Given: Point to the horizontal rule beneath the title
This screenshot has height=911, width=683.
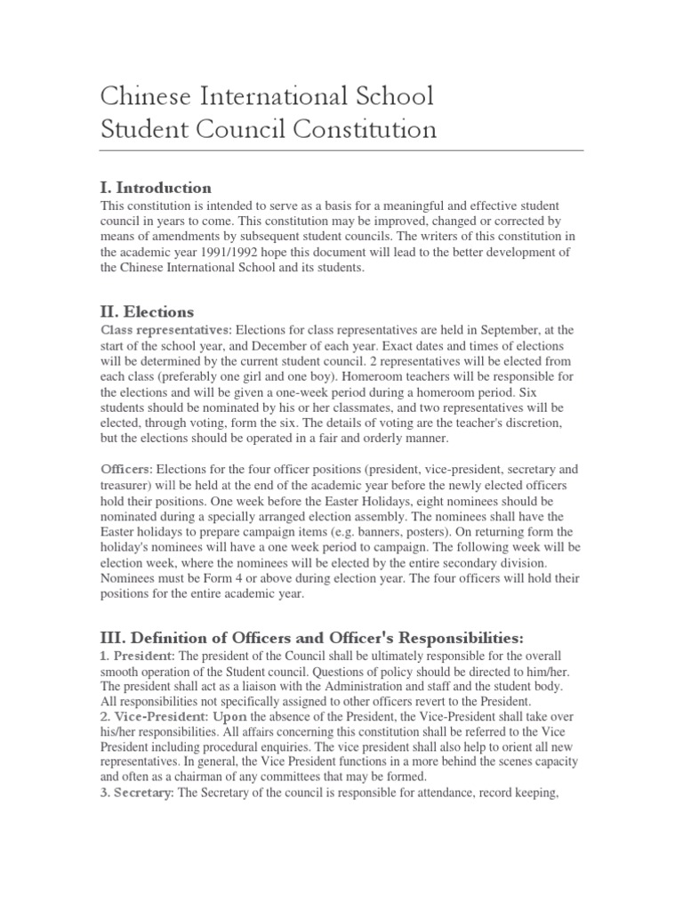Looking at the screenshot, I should pos(341,150).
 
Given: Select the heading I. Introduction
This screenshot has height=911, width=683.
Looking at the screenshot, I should pos(155,188).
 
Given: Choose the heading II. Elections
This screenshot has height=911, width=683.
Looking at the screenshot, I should pos(146,311).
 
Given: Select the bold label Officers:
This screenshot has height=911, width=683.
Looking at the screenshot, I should pos(127,469).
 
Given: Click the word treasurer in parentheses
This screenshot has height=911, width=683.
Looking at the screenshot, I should pos(130,485).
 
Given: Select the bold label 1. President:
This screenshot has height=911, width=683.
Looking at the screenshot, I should pos(138,656).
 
